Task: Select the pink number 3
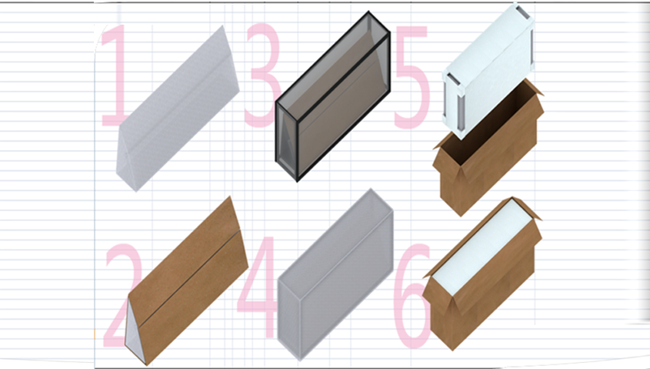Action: [263, 75]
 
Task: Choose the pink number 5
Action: [411, 77]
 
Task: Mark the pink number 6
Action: [412, 296]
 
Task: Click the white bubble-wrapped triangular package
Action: [178, 109]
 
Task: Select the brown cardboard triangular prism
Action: [187, 281]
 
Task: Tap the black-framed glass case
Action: [333, 96]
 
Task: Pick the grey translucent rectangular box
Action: [335, 275]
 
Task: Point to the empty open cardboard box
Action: [488, 147]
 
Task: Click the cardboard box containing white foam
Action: [482, 274]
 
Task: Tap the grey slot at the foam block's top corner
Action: [523, 12]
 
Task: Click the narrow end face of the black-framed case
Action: [286, 141]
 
